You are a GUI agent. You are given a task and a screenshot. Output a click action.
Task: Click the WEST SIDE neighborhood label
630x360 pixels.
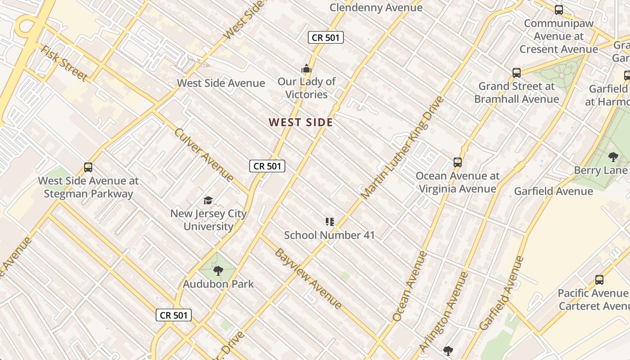tap(301, 122)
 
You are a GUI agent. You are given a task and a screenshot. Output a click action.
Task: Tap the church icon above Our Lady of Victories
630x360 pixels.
tap(306, 69)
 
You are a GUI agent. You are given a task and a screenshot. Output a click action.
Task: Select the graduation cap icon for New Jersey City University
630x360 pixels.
tap(208, 200)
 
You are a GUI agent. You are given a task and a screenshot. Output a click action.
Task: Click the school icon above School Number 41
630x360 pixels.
tap(329, 221)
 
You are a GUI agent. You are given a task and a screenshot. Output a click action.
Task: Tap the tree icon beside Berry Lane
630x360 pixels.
tap(613, 157)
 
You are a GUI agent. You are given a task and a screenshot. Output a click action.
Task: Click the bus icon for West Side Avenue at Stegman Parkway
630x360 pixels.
tap(88, 167)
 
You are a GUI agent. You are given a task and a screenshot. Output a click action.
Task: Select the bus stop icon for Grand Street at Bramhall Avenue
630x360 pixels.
tap(517, 72)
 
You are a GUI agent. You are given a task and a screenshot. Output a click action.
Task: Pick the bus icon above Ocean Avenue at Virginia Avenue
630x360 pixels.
tap(458, 162)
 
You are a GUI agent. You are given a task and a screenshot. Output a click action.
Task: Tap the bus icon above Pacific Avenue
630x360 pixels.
tap(599, 280)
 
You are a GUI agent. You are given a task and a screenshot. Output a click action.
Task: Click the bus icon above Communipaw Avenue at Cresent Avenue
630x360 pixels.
tap(559, 9)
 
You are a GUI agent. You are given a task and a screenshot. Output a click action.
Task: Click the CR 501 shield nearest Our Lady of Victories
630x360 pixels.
tap(326, 38)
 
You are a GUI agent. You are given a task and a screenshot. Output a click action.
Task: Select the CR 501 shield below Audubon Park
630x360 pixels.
tap(174, 315)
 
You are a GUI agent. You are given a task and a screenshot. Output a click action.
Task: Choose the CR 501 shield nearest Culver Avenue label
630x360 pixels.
tap(267, 166)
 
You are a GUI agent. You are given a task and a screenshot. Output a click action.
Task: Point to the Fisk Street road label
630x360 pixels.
tap(64, 63)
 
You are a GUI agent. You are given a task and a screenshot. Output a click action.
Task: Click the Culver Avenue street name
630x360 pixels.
tap(204, 155)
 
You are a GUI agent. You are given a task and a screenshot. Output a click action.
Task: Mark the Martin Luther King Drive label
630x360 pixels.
tap(402, 148)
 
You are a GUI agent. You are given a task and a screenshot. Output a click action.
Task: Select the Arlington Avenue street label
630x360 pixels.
tap(444, 311)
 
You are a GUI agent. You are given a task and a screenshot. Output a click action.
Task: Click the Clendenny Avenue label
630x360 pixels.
tap(376, 8)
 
